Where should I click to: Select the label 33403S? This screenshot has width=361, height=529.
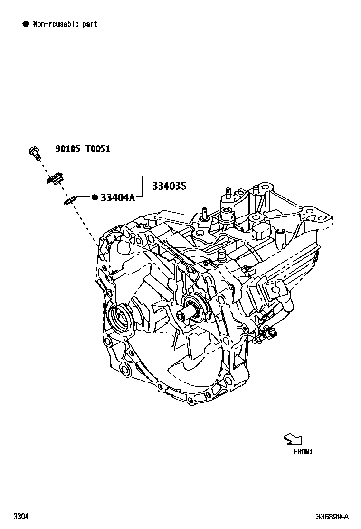(x=169, y=186)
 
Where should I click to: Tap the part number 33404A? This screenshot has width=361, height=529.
(x=117, y=197)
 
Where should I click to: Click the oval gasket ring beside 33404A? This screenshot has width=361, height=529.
(x=70, y=201)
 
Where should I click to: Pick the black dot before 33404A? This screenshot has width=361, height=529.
(x=95, y=197)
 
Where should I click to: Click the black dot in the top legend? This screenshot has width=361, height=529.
(x=26, y=24)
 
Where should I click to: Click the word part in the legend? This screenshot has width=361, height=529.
(x=89, y=24)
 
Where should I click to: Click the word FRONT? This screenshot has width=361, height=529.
(x=303, y=451)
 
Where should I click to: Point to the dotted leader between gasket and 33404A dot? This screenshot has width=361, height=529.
(x=83, y=196)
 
